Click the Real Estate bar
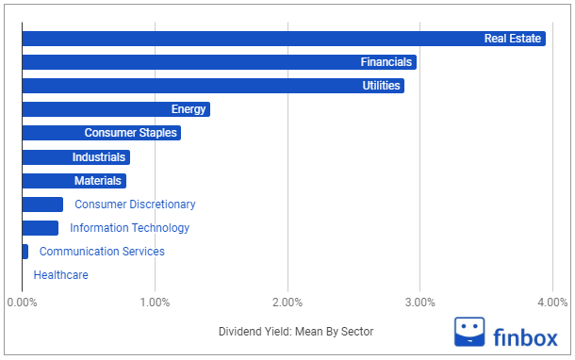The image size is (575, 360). pos(283,39)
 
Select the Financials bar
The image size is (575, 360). pos(219,62)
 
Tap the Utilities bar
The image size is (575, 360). pos(213,86)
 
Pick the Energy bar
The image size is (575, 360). pos(115,109)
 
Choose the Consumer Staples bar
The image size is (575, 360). pos(101,133)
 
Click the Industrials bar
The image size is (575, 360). pos(75,157)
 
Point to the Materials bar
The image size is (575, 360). pos(74,181)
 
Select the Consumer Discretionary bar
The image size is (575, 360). pos(42,205)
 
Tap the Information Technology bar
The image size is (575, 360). pos(40,228)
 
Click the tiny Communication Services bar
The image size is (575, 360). pos(25,252)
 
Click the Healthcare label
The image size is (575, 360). pos(60,275)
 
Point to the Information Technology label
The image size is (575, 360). pos(129,228)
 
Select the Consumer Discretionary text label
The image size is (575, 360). pos(135,205)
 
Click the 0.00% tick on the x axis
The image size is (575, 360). pos(22,303)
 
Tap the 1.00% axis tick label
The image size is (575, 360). pos(155,303)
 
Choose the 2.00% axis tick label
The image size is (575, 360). pos(287,303)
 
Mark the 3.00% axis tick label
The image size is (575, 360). pos(419,303)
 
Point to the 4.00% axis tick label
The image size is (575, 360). pos(551,303)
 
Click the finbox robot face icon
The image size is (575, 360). pos(469,333)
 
